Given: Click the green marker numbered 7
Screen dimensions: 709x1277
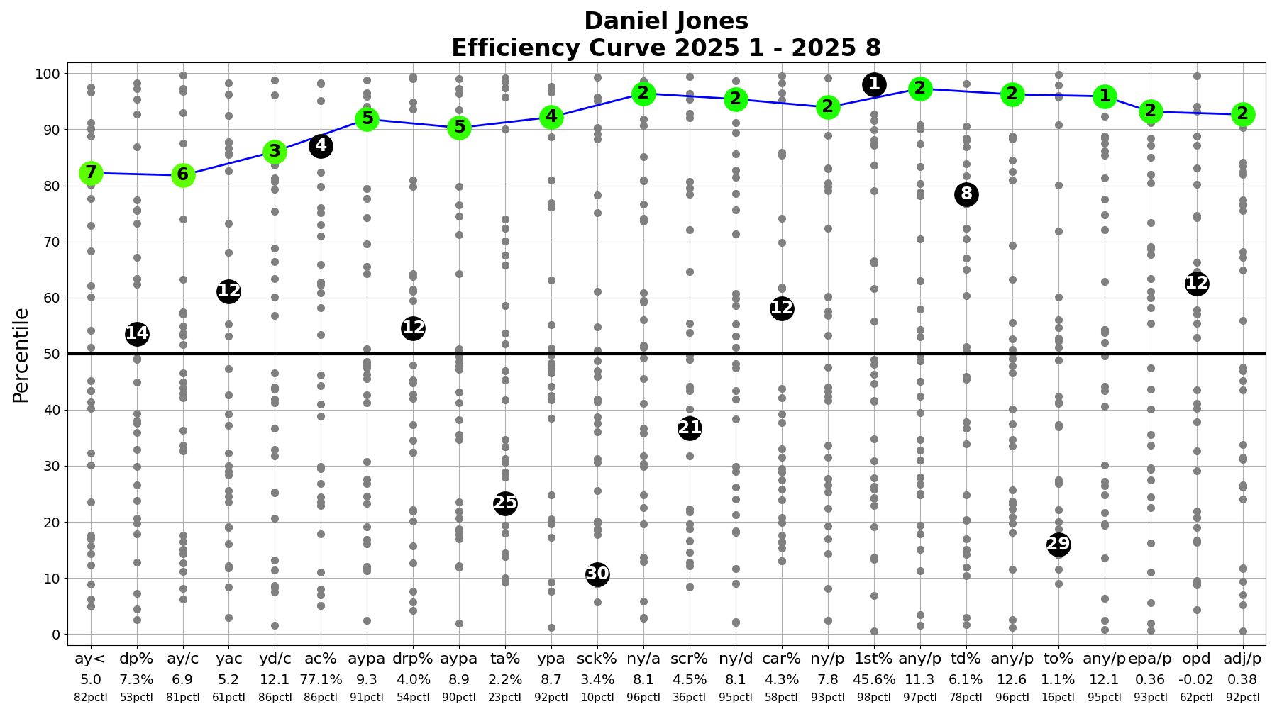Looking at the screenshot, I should (x=90, y=173).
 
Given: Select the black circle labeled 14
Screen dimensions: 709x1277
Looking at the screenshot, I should (x=137, y=334).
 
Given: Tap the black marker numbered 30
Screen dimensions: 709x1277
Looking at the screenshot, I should (x=597, y=574).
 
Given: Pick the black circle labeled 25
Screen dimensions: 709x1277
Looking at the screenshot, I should (x=505, y=503).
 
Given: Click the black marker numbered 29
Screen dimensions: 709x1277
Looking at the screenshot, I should (x=1058, y=545).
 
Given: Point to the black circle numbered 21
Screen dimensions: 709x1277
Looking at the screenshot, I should (x=690, y=428).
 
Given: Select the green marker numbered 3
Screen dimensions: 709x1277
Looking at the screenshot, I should (x=275, y=152).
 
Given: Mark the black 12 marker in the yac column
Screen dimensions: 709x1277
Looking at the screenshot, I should (x=228, y=291).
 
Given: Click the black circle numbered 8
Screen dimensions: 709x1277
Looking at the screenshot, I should (x=966, y=194).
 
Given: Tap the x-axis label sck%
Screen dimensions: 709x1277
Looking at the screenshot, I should (x=597, y=659).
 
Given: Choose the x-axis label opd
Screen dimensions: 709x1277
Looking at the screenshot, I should (x=1197, y=659).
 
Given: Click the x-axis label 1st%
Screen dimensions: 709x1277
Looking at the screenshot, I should (x=874, y=659).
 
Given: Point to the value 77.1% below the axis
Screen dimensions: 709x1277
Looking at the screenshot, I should (x=321, y=680).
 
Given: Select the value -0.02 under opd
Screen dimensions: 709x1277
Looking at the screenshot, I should (x=1197, y=680).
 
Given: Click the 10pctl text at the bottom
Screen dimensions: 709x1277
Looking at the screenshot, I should (x=597, y=698).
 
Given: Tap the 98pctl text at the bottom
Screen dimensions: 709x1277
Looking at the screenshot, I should (x=874, y=698).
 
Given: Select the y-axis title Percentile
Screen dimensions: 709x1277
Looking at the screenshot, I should (x=21, y=354).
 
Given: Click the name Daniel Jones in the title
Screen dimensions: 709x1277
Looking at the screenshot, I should (x=666, y=21).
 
